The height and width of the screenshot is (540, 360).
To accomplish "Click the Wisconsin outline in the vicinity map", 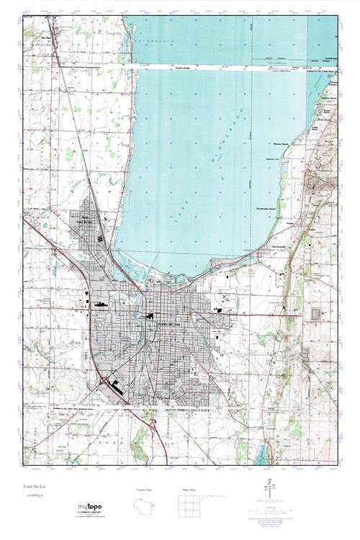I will [146, 506].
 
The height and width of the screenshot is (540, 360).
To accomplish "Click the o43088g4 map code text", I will [34, 498].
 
